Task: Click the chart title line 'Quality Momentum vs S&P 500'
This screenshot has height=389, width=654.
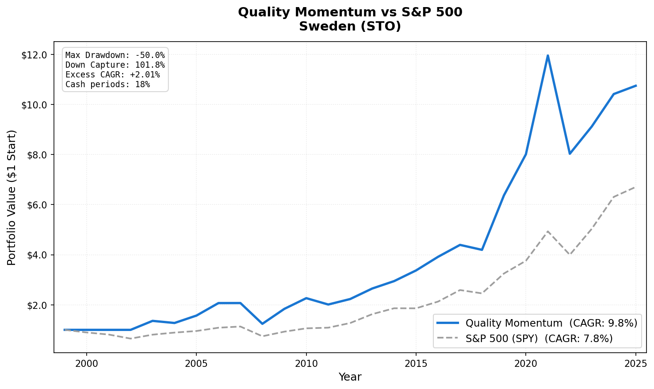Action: [350, 12]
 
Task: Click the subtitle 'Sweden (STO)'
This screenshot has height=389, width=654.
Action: [350, 27]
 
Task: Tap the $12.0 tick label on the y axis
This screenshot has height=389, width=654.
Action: [37, 55]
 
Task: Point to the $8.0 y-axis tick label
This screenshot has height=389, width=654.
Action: [37, 155]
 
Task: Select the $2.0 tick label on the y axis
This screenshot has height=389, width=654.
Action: [37, 305]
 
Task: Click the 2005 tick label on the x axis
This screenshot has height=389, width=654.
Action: [196, 364]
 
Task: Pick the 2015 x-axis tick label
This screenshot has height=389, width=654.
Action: [416, 364]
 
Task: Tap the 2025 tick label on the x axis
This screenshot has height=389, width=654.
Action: [635, 364]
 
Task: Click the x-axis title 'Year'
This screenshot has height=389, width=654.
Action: [350, 377]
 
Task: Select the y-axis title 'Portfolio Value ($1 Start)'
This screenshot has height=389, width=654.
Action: [12, 197]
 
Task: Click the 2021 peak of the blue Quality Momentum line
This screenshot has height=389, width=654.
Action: [548, 55]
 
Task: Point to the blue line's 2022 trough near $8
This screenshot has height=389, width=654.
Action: [570, 154]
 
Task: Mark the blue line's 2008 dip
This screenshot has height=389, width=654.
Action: [262, 324]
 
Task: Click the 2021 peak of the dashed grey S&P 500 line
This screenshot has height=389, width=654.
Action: [548, 231]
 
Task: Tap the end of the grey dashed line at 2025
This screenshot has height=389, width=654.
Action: [635, 187]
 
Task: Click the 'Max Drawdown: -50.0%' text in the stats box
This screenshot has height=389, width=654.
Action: [115, 55]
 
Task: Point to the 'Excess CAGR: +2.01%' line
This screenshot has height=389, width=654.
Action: [112, 75]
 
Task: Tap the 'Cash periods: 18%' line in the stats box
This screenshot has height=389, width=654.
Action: [107, 85]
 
